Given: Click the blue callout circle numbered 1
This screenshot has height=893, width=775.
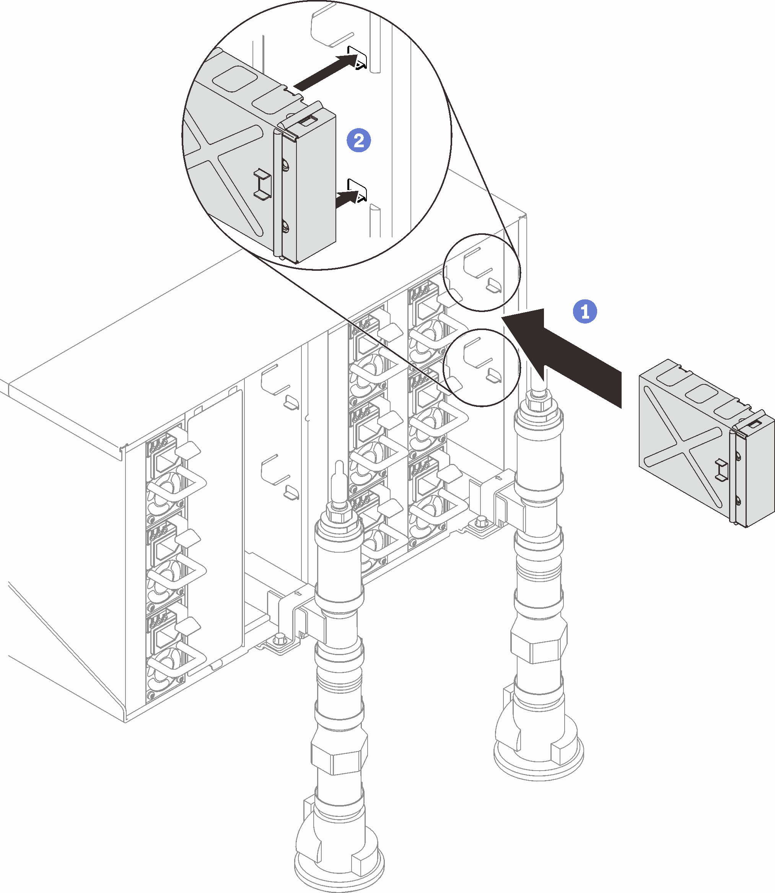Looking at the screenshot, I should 585,311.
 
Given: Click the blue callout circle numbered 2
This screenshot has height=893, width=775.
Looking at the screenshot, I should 358,140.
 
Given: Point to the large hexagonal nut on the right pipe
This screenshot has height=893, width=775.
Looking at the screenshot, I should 539,644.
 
